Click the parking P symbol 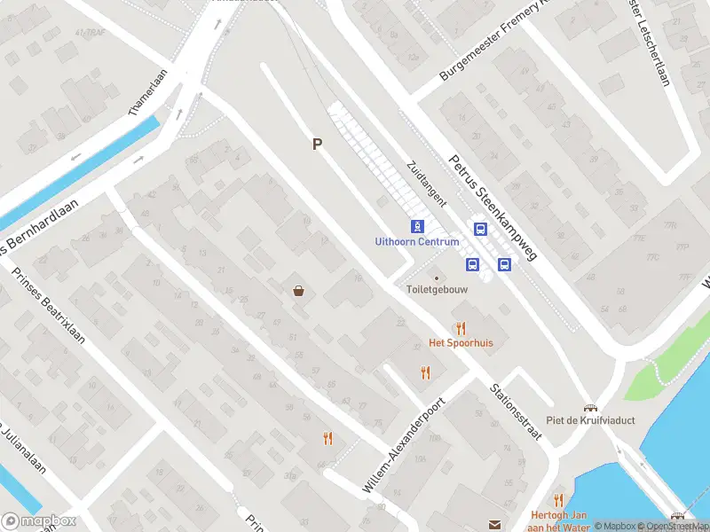(316, 144)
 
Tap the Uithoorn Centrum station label (416, 241)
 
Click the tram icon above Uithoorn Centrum (416, 226)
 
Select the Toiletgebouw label (437, 289)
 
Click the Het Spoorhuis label (460, 342)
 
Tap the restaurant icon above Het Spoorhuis (460, 328)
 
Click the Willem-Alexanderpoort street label (404, 445)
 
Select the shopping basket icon (299, 290)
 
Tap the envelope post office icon (494, 525)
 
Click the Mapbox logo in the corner (38, 521)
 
